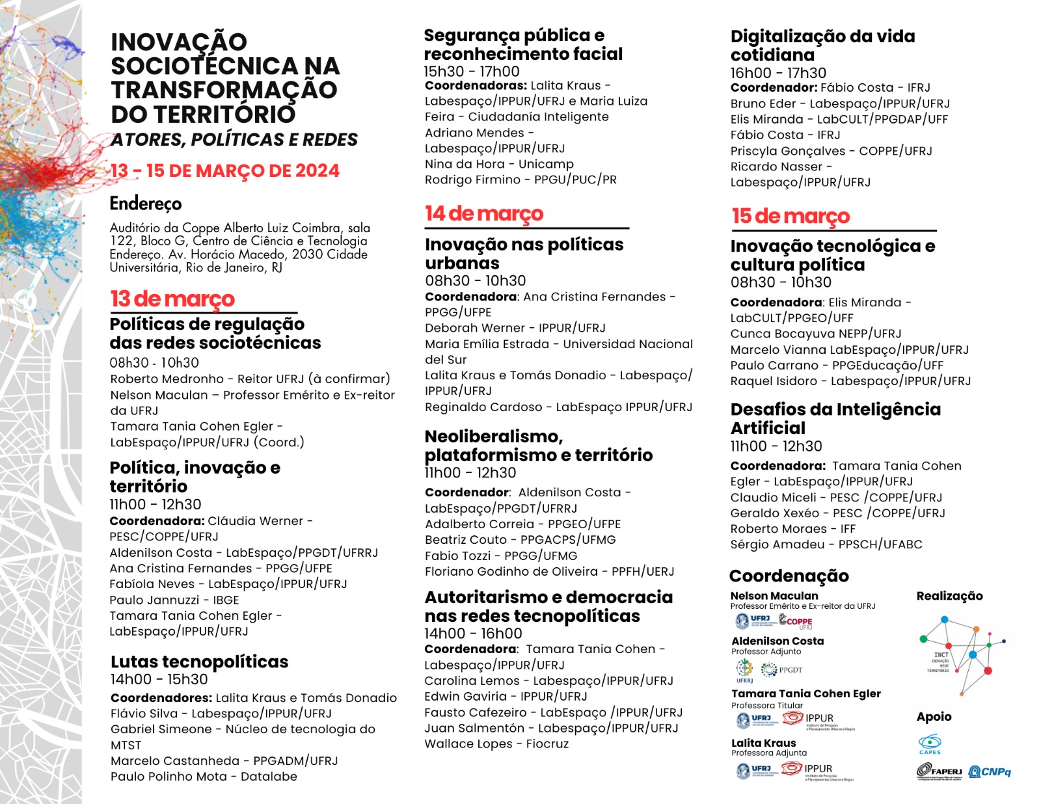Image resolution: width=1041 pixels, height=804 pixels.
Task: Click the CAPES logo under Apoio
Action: [x=930, y=744]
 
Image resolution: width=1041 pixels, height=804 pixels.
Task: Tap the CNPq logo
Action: [x=990, y=771]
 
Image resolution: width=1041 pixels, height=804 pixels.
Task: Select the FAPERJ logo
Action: [x=939, y=771]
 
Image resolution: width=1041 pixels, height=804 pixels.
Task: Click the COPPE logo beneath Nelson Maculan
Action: [x=796, y=621]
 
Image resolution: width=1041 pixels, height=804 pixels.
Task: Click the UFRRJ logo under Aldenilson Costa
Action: [x=744, y=669]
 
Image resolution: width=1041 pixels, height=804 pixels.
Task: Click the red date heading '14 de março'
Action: [x=483, y=213]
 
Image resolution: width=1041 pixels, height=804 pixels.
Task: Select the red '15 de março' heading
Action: [x=791, y=216]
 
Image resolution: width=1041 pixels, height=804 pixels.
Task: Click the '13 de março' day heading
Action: [x=172, y=299]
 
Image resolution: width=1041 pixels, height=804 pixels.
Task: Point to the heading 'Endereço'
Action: [x=145, y=204]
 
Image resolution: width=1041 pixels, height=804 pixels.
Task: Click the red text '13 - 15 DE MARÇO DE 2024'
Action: [x=225, y=170]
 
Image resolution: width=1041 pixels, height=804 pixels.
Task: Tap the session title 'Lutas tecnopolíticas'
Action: [x=199, y=662]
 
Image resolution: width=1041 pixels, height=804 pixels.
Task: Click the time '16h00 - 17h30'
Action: [x=778, y=73]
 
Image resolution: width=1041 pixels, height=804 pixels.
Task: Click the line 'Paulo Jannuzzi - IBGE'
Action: [x=174, y=600]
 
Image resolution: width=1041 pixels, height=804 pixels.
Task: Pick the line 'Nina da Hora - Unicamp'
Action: [x=499, y=164]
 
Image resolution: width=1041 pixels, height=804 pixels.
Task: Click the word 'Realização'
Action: [x=949, y=596]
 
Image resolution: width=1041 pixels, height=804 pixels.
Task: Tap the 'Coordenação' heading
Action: [x=789, y=576]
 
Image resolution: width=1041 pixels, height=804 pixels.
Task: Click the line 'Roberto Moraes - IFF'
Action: [x=792, y=529]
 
